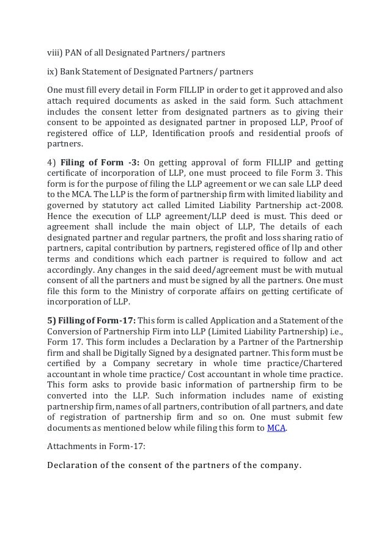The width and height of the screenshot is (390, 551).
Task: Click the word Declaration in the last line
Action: tap(73, 467)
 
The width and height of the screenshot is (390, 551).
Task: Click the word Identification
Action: tap(180, 133)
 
